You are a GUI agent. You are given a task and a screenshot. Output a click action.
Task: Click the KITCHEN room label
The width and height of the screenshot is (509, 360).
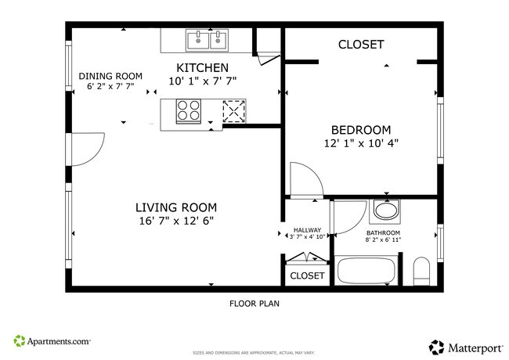[x=202, y=67]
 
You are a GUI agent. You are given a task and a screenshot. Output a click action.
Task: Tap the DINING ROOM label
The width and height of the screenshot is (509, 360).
[x=110, y=76]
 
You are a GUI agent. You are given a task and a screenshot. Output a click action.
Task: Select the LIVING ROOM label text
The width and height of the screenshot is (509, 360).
[x=175, y=207]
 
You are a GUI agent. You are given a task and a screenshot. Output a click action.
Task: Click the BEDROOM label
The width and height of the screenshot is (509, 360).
[x=360, y=130]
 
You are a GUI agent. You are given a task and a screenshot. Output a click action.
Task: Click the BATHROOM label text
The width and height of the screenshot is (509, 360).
[x=383, y=232]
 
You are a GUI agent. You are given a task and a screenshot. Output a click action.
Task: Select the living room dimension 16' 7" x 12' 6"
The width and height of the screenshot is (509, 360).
[x=175, y=221]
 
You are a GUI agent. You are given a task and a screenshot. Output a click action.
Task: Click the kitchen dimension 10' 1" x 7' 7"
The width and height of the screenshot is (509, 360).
[x=202, y=81]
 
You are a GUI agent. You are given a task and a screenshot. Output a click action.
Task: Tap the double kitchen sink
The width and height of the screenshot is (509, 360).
[x=208, y=39]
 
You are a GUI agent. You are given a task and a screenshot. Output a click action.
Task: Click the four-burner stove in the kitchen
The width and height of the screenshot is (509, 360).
[x=189, y=111]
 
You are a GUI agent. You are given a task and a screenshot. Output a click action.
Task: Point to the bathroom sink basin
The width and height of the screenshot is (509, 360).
[x=384, y=211]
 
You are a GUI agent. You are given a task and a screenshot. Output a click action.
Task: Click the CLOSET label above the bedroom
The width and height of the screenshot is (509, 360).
[x=360, y=45]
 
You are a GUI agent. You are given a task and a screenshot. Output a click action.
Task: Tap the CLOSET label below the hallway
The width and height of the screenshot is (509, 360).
[x=307, y=275]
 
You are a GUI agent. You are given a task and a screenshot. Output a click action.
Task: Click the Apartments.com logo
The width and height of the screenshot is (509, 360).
[x=52, y=341]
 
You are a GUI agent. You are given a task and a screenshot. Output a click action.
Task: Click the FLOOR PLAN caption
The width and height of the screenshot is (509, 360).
[x=254, y=304]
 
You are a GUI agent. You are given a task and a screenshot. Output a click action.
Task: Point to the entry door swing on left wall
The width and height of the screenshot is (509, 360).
[x=86, y=150]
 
